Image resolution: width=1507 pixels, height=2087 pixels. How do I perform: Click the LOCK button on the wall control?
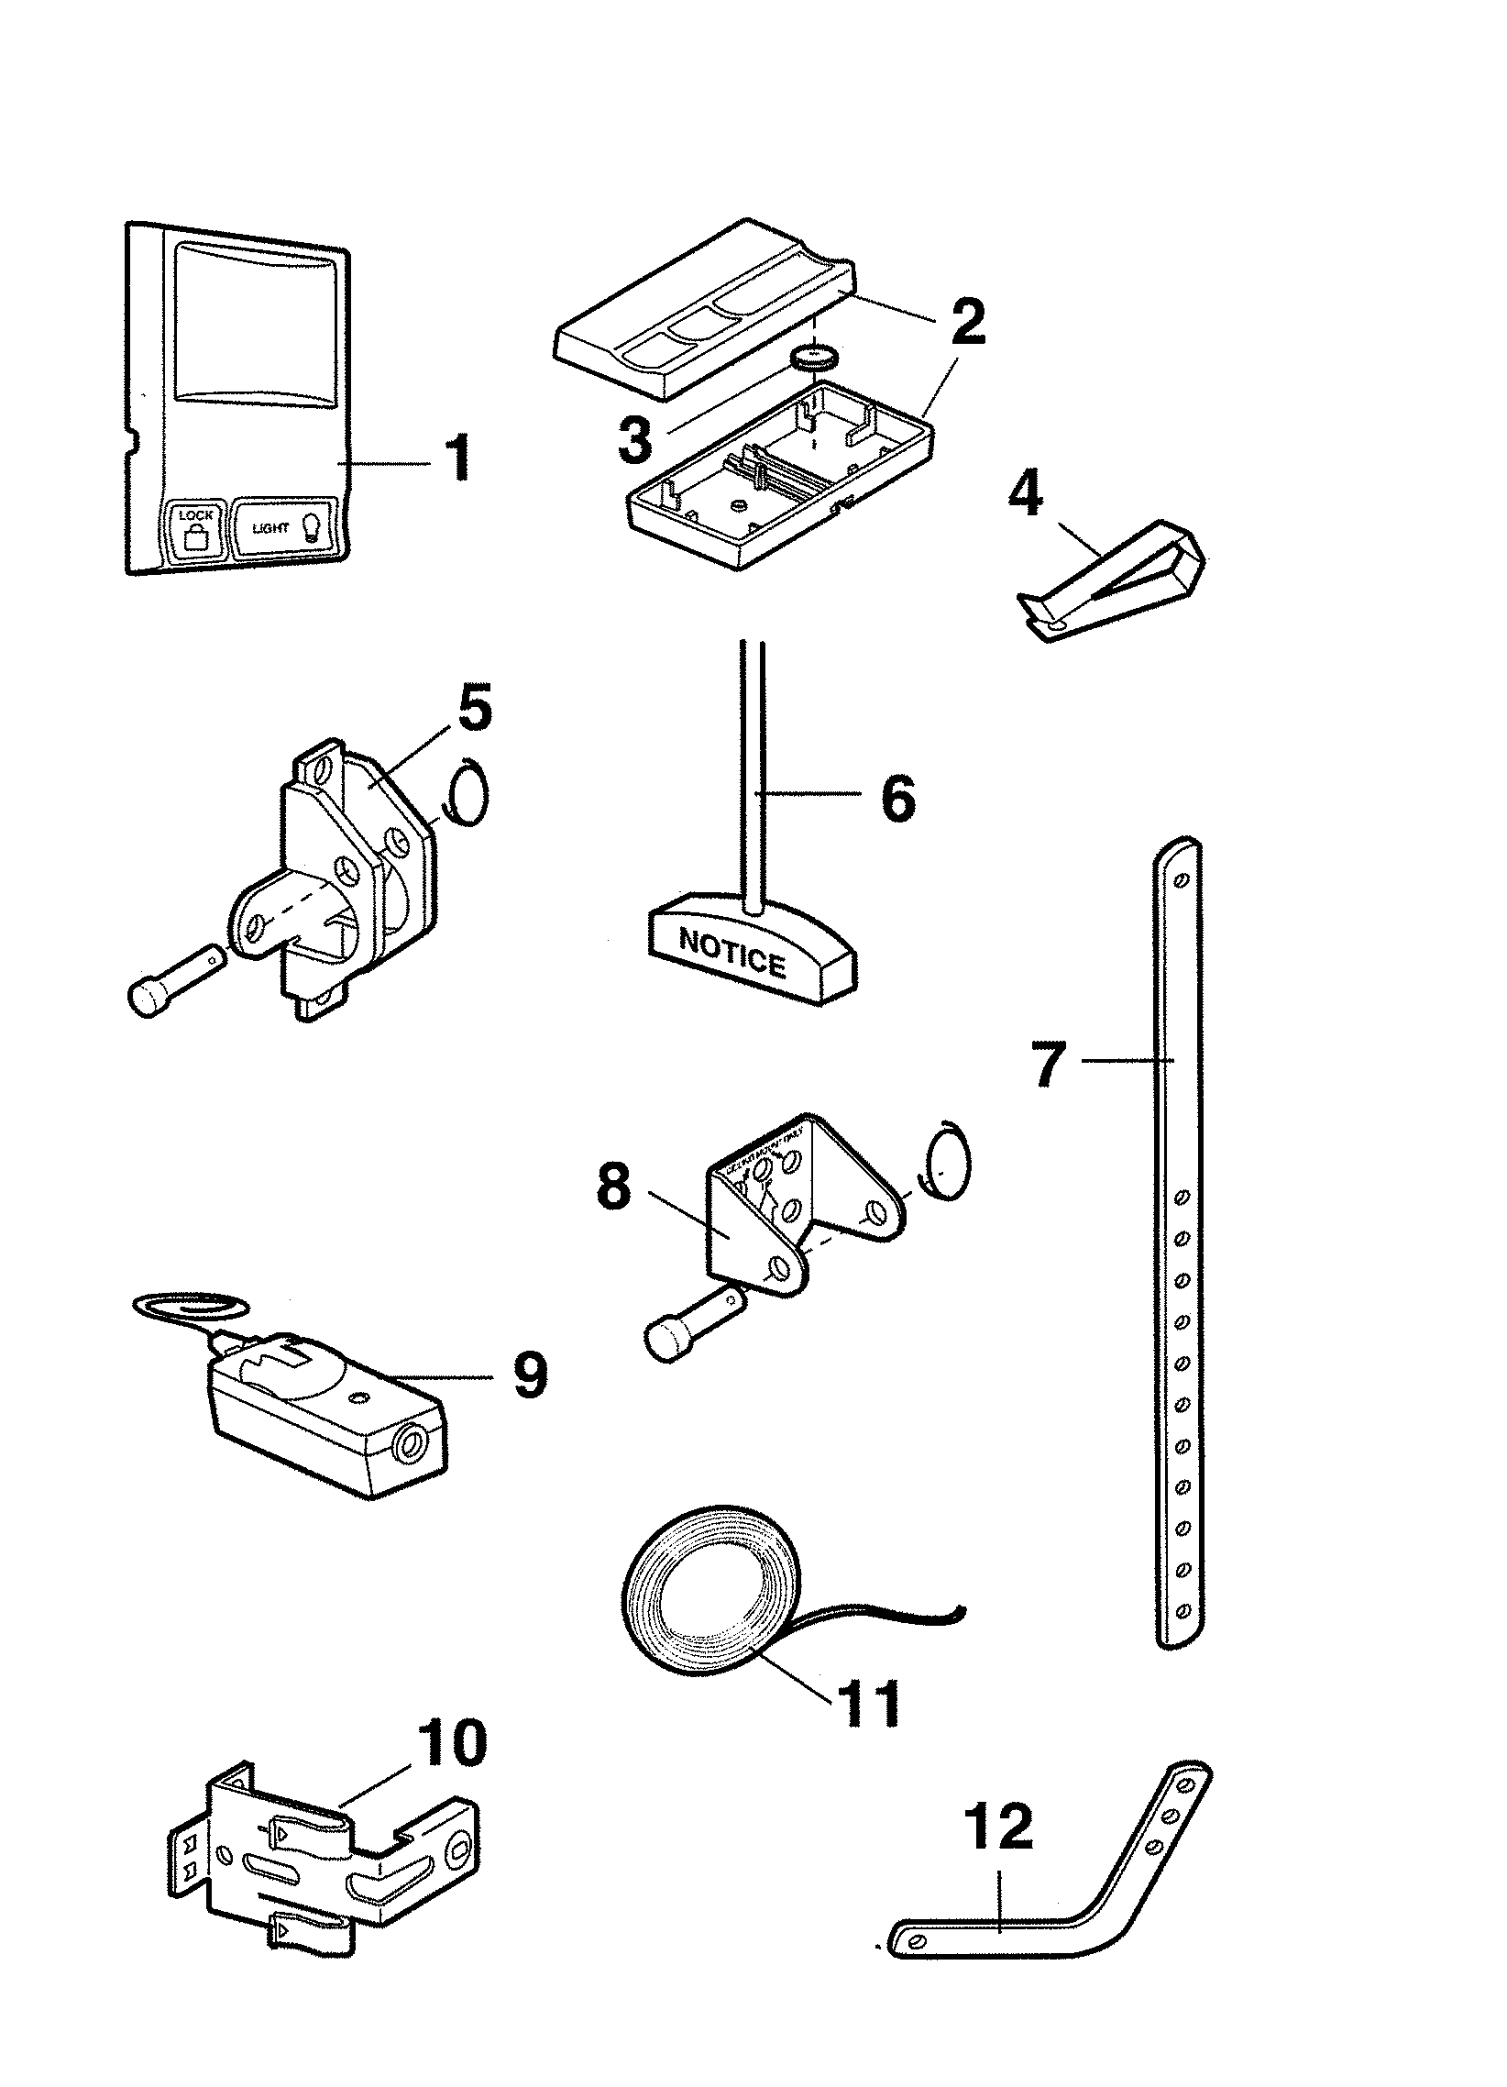click(x=194, y=529)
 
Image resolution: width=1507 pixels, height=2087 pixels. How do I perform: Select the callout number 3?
click(x=635, y=441)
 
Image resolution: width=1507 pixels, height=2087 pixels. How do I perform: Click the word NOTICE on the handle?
click(x=731, y=964)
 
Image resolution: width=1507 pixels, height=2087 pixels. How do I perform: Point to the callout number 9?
click(x=528, y=1376)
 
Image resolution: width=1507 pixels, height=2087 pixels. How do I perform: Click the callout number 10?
click(x=451, y=1741)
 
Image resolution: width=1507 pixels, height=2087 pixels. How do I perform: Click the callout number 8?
click(x=614, y=1187)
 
